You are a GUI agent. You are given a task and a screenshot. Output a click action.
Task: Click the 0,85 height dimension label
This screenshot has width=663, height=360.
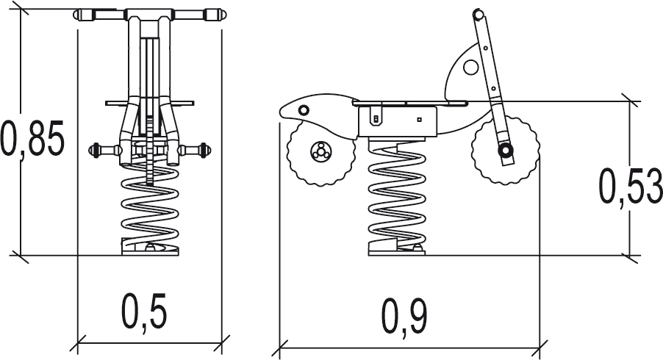click(x=32, y=137)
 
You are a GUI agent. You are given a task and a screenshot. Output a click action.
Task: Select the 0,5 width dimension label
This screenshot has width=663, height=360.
click(x=144, y=312)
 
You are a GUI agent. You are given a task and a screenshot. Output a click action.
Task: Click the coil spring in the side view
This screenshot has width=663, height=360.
click(x=397, y=195)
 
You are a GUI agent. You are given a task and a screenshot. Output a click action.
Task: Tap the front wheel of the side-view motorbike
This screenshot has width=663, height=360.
click(x=505, y=150)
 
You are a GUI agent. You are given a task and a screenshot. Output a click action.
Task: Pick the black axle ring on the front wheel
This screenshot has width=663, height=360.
click(x=505, y=150)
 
